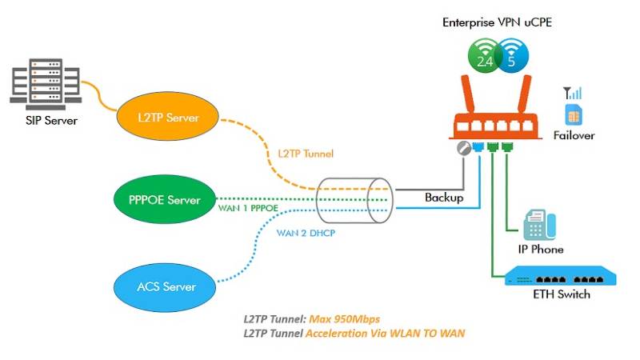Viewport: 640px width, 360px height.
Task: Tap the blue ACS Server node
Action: click(x=166, y=286)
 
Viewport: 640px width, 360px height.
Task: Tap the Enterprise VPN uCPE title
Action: click(x=497, y=22)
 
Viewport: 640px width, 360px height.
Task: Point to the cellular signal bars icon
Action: click(x=574, y=93)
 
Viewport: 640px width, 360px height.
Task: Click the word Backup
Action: click(x=443, y=197)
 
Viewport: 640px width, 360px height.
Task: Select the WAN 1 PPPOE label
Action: click(x=251, y=210)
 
